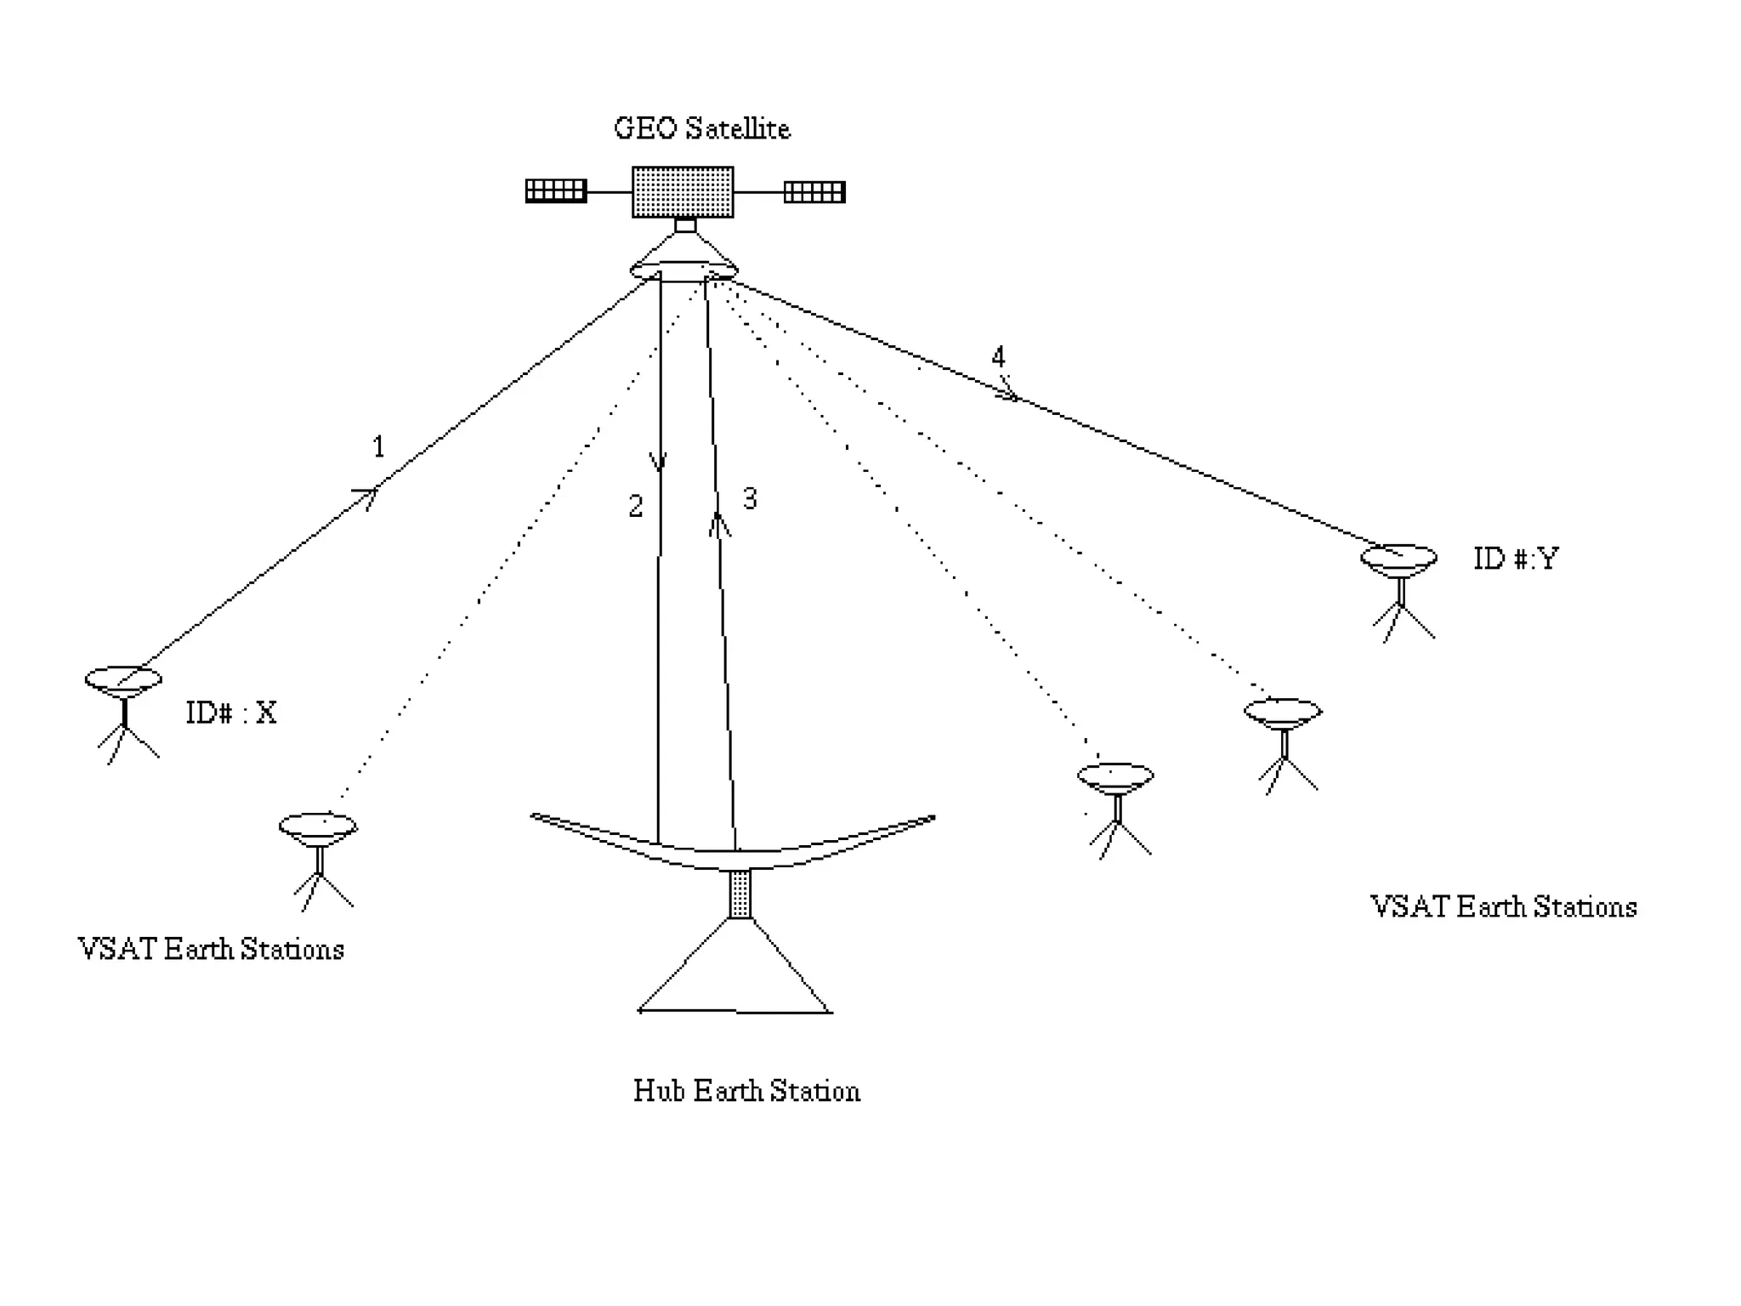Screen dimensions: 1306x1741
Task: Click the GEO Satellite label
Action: click(702, 128)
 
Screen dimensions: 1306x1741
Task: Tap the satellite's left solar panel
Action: click(556, 190)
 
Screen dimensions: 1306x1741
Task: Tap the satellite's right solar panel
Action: click(814, 191)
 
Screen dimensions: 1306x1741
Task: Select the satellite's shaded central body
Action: click(683, 192)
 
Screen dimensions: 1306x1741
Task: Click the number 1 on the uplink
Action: click(379, 446)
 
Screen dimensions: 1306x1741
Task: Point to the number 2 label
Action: click(636, 507)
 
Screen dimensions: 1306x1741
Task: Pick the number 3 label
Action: click(749, 498)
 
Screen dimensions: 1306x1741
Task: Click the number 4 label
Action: click(998, 356)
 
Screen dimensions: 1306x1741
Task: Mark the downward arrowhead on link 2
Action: click(658, 463)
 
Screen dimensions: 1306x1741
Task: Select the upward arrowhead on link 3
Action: click(719, 522)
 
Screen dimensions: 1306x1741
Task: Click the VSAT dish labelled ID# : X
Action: click(123, 679)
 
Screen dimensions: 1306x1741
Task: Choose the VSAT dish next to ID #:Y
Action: click(1398, 559)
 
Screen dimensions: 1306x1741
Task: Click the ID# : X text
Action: click(231, 713)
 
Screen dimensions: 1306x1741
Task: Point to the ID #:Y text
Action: click(1516, 559)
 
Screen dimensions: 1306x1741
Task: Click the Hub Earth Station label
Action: click(746, 1091)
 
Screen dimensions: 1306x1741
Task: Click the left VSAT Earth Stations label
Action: click(211, 949)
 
